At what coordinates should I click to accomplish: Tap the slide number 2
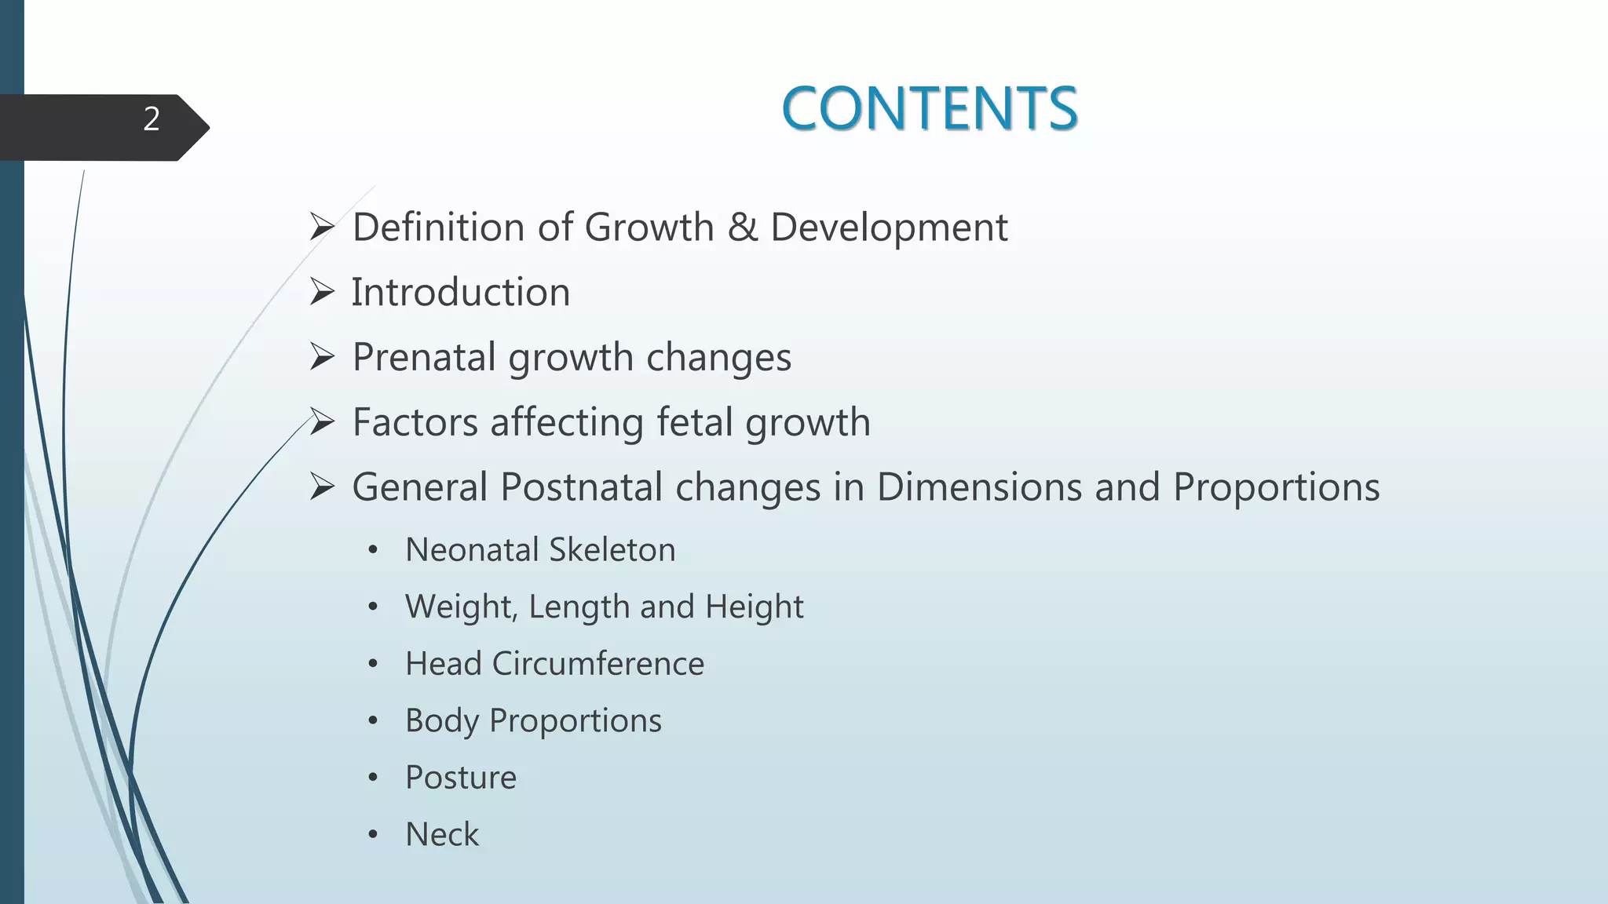pyautogui.click(x=152, y=119)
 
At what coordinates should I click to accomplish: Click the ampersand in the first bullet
pyautogui.click(x=742, y=228)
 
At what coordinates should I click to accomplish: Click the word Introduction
pyautogui.click(x=460, y=293)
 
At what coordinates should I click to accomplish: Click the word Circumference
pyautogui.click(x=598, y=664)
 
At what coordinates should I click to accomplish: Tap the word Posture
pyautogui.click(x=461, y=778)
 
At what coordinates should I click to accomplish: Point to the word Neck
pyautogui.click(x=442, y=834)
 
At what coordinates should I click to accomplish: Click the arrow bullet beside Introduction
pyautogui.click(x=322, y=293)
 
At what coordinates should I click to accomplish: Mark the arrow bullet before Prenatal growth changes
pyautogui.click(x=322, y=358)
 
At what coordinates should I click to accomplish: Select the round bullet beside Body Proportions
pyautogui.click(x=373, y=720)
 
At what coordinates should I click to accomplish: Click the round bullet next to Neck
pyautogui.click(x=373, y=834)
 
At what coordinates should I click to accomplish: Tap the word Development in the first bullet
pyautogui.click(x=889, y=228)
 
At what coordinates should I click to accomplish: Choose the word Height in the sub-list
pyautogui.click(x=754, y=607)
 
